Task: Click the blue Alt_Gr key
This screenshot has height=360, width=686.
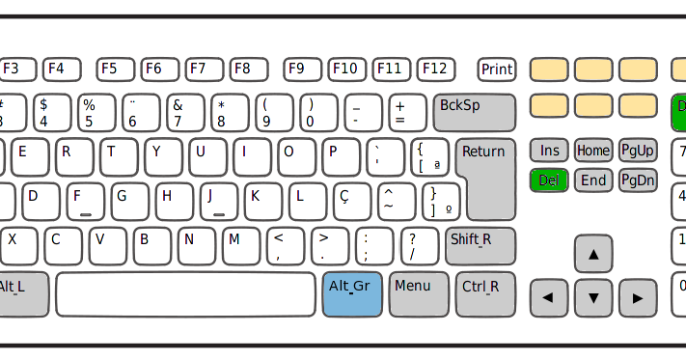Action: (352, 294)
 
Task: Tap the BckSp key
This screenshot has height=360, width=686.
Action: (474, 112)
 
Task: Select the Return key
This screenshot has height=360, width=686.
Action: (485, 178)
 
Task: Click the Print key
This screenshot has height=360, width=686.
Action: (497, 69)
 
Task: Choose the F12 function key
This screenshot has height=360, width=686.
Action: (436, 69)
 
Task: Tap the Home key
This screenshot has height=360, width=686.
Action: (593, 151)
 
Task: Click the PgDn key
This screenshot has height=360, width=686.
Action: (638, 180)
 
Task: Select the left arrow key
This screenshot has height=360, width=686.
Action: (549, 297)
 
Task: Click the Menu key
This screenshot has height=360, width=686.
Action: (419, 294)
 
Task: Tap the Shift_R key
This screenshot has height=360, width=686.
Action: (480, 246)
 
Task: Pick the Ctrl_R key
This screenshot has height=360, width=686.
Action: (485, 294)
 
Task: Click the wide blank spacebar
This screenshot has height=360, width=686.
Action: (185, 294)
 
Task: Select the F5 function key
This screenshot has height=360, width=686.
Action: (115, 69)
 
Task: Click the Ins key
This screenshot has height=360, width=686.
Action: (549, 151)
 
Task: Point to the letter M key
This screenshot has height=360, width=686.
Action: (240, 246)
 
